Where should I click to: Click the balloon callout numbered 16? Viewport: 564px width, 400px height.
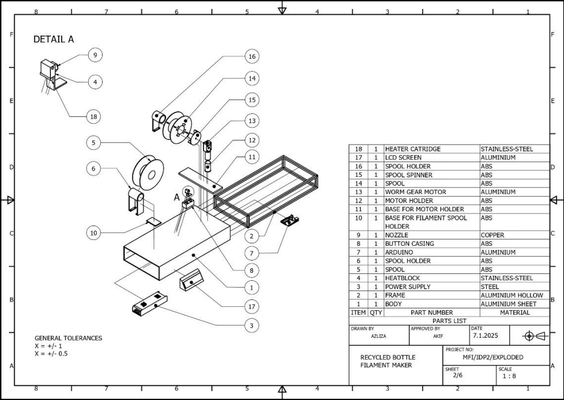click(x=251, y=56)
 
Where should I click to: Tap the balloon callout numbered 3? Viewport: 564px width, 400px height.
click(x=251, y=325)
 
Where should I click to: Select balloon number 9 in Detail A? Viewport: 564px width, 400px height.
click(x=95, y=55)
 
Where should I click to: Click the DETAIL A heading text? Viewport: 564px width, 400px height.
click(x=54, y=40)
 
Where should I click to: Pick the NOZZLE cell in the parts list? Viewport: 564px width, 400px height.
click(x=398, y=235)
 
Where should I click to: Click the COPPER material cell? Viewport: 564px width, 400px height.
click(x=492, y=235)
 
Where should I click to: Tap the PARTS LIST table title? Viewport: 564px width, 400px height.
click(x=449, y=321)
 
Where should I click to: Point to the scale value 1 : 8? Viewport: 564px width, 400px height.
click(x=506, y=376)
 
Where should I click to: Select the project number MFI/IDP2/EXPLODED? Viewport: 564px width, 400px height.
click(x=492, y=357)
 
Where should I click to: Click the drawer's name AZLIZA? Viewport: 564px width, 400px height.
click(x=379, y=336)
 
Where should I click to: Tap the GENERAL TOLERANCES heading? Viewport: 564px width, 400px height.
click(x=68, y=338)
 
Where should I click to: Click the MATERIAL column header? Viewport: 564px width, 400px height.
click(x=514, y=312)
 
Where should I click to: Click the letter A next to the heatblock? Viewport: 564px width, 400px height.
click(x=176, y=198)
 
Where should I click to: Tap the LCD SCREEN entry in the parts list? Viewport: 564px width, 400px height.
click(x=403, y=158)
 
